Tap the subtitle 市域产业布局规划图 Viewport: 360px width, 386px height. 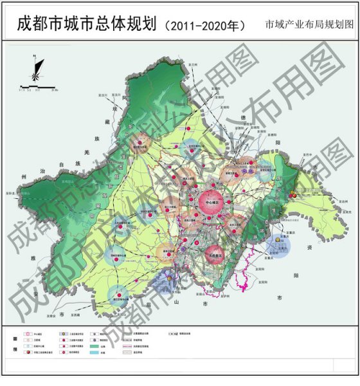pos(309,26)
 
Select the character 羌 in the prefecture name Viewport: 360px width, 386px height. pos(88,149)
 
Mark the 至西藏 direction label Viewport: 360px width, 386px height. pos(76,315)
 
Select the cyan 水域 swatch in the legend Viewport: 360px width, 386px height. pos(96,353)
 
